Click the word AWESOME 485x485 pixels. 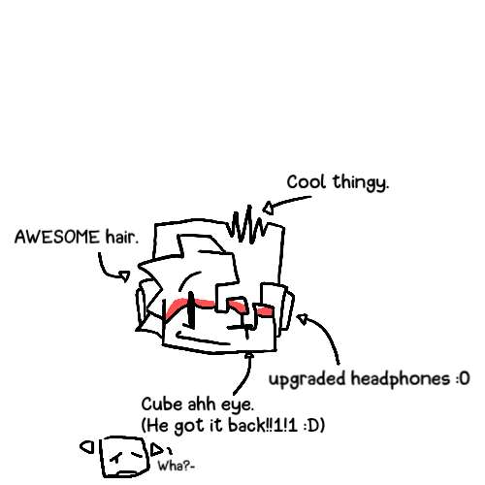(57, 237)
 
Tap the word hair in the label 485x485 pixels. (121, 237)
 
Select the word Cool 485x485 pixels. (306, 181)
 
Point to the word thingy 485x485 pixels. (361, 183)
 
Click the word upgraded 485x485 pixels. (307, 379)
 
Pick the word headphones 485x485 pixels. (401, 379)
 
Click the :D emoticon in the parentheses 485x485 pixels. (310, 426)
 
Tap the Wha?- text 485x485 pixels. (177, 467)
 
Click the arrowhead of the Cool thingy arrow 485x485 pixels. (269, 208)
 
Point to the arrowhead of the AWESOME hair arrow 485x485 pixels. (124, 276)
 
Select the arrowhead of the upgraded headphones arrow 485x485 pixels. (303, 319)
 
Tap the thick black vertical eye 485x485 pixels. (191, 309)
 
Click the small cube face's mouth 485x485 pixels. (129, 473)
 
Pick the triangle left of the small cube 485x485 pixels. (86, 447)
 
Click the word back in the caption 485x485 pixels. (246, 425)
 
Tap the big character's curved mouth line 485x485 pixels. (202, 339)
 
